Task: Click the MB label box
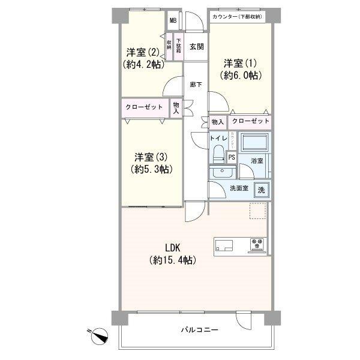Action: click(173, 21)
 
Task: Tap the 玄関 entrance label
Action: click(196, 46)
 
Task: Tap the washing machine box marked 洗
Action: click(262, 190)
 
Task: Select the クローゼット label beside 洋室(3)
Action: click(144, 107)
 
